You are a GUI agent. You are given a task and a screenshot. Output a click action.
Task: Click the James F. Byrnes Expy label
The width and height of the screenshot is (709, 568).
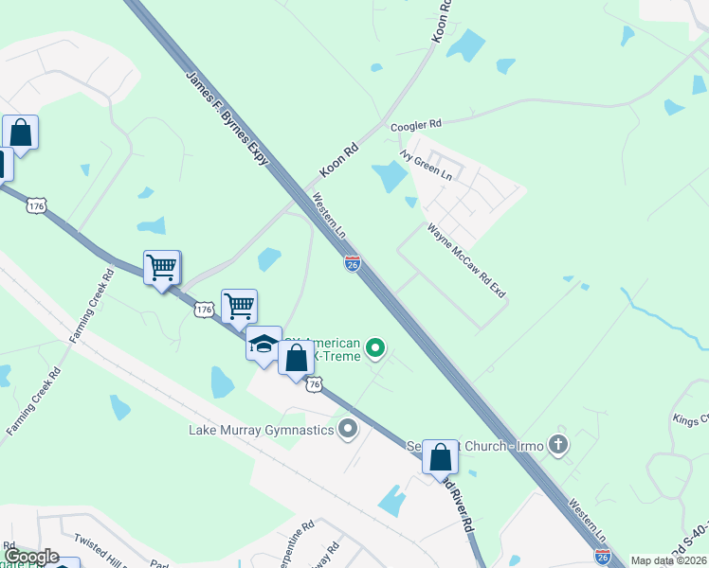227,118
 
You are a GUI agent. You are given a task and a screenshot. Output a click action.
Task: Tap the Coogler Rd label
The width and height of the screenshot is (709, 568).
416,124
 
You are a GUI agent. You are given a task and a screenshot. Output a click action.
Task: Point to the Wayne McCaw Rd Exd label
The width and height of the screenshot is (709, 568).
465,260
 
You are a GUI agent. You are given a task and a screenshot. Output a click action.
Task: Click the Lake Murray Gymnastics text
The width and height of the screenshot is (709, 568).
260,431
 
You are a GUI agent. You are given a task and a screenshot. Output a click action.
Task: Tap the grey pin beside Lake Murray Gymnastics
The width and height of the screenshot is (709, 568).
348,430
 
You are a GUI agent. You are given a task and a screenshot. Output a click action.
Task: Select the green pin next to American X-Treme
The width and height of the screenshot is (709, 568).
375,348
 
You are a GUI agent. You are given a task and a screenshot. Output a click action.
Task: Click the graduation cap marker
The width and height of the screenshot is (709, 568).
264,345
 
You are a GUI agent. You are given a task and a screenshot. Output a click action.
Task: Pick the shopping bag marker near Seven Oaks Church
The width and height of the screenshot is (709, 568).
440,458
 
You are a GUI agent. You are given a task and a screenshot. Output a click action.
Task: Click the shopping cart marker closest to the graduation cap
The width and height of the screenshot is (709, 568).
239,307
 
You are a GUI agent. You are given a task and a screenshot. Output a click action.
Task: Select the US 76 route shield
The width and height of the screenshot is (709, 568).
315,383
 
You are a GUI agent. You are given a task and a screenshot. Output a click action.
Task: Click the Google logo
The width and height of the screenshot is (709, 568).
31,557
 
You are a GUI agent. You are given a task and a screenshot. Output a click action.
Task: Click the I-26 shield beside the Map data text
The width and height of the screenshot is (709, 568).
602,559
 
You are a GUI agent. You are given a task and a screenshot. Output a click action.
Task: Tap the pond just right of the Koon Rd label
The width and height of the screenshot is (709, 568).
390,176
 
